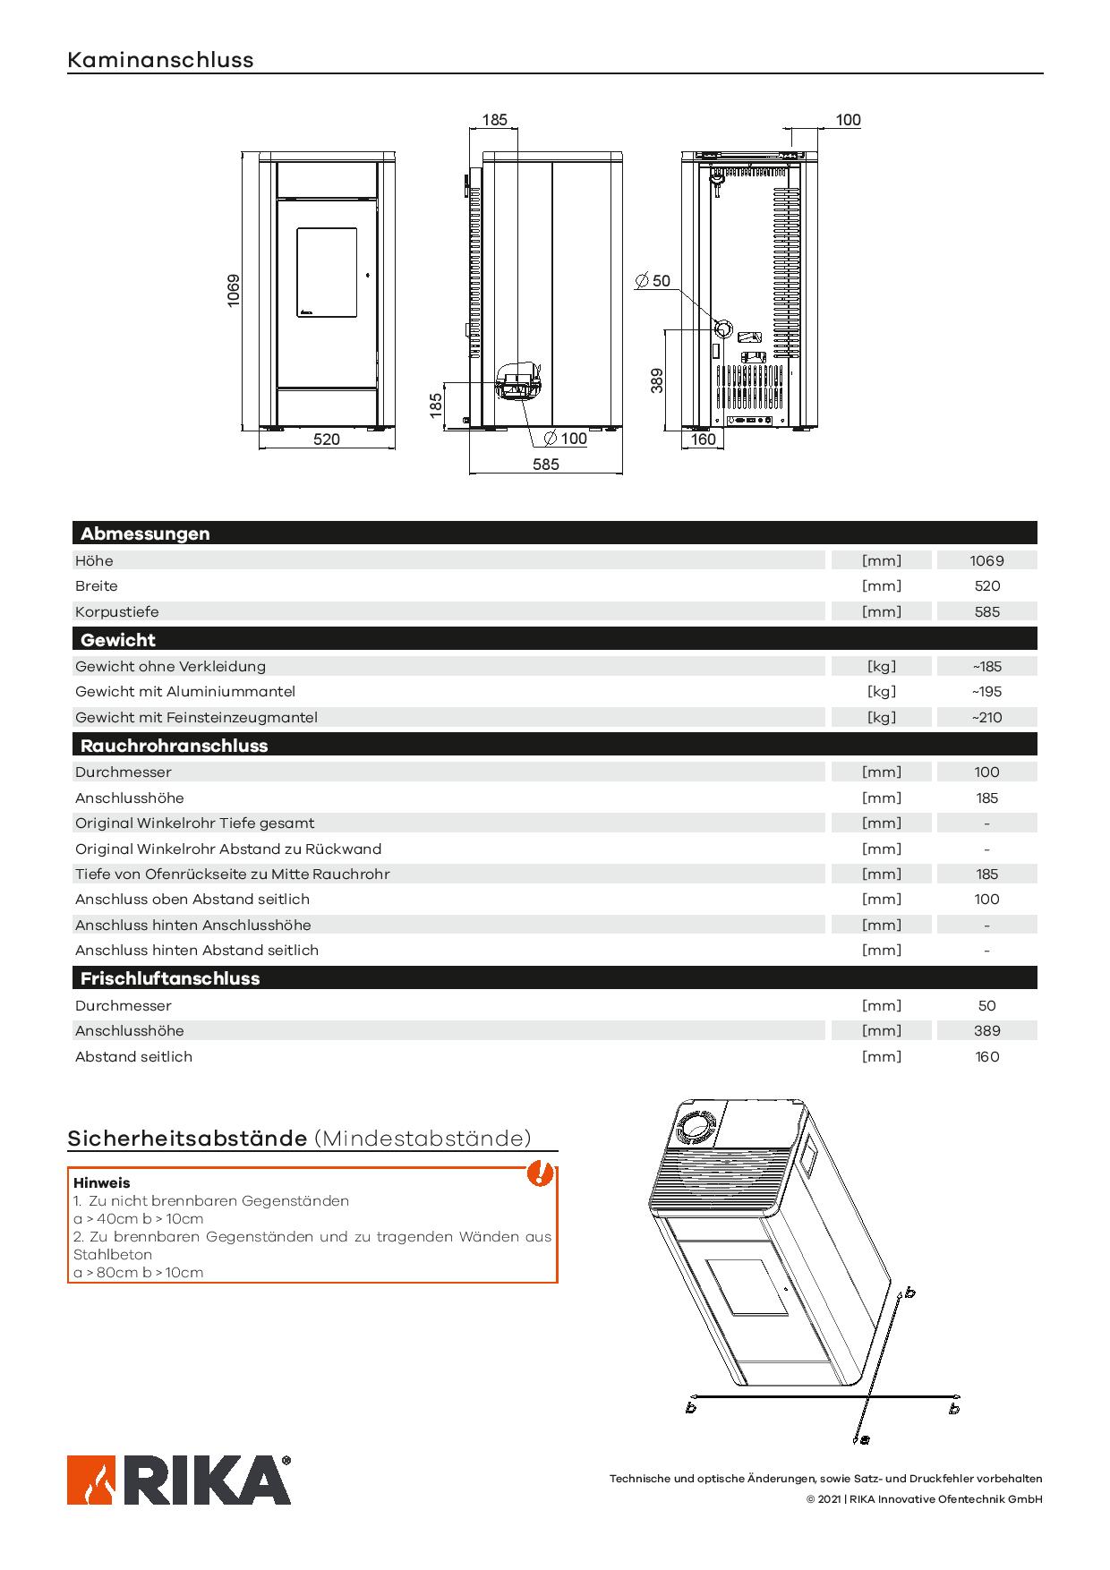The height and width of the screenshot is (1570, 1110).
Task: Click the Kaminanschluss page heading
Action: tap(160, 60)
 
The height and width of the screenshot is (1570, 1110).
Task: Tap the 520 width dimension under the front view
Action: tap(327, 439)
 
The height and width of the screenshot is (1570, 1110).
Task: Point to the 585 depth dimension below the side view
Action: tap(545, 464)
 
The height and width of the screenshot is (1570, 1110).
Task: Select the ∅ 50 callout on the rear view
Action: tap(653, 281)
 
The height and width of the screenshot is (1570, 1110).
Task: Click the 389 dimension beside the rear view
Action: tap(657, 380)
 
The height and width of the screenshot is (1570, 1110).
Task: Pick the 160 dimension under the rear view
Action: tap(704, 439)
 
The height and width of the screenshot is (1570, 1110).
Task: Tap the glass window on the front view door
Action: tap(327, 272)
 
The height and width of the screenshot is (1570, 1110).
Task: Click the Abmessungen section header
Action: tap(145, 533)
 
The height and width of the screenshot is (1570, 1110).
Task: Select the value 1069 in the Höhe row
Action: tap(986, 561)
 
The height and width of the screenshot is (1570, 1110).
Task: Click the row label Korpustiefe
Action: tap(117, 612)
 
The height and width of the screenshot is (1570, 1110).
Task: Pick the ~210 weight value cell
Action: tap(986, 717)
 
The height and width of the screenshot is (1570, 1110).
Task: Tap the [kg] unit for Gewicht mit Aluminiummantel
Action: tap(881, 692)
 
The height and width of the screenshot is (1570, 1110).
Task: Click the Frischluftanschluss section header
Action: tap(170, 978)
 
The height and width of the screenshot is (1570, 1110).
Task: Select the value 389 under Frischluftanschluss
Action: tap(986, 1031)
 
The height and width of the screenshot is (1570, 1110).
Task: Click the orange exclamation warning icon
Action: tap(538, 1173)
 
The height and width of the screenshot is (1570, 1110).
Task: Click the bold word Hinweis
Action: tap(101, 1183)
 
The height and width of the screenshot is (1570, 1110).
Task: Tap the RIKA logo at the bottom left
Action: tap(179, 1480)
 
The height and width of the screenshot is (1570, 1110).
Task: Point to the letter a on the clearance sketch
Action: tap(864, 1439)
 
